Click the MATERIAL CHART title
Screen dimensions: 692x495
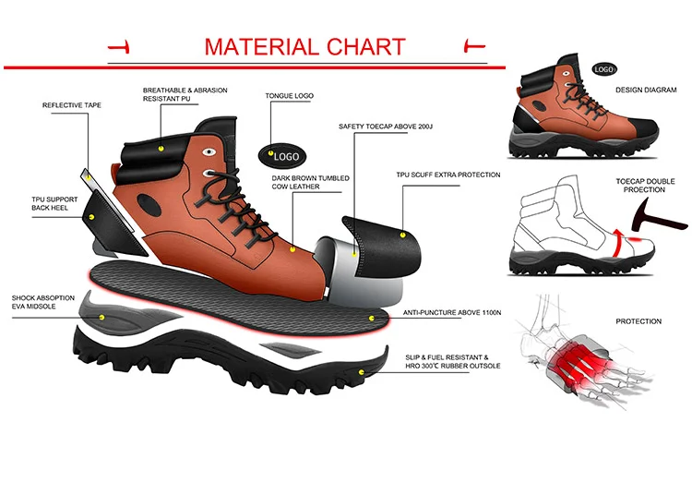point(304,46)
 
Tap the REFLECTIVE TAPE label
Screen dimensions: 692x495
point(72,105)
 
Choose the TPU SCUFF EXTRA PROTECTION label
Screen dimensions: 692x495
point(448,175)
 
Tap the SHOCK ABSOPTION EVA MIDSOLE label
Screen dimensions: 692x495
point(40,300)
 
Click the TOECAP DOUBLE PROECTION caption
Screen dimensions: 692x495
point(640,185)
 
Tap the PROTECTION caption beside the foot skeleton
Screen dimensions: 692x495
point(638,321)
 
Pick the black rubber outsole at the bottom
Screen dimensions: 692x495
point(231,365)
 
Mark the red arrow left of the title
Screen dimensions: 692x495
point(118,46)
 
